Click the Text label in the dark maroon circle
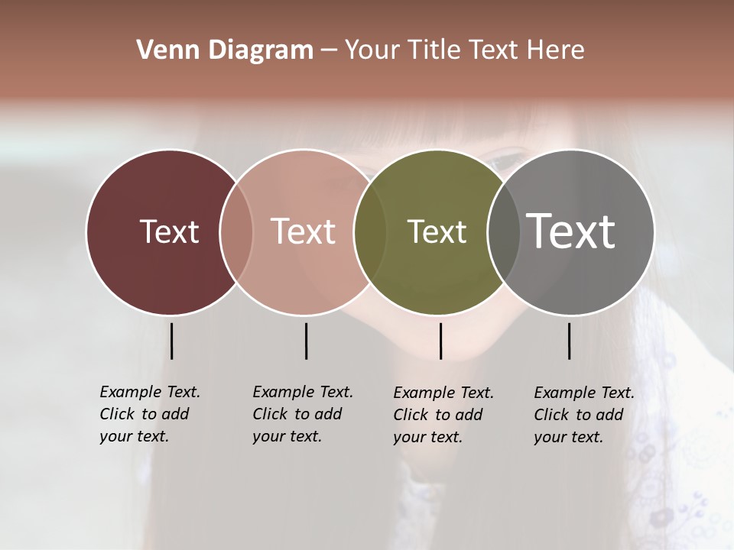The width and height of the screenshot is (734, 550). (169, 231)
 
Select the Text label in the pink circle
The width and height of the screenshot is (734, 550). (303, 231)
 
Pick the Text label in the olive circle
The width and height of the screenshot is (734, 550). (437, 231)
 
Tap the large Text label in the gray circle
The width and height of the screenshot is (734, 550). (570, 231)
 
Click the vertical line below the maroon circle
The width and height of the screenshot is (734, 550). (171, 341)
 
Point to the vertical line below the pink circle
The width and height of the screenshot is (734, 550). (306, 341)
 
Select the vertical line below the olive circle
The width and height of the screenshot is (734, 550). (440, 341)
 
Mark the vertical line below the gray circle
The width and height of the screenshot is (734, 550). (569, 341)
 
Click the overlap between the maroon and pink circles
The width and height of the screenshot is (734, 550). (236, 231)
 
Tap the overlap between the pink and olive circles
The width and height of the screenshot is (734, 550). (370, 231)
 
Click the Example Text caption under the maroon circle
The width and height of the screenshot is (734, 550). (149, 414)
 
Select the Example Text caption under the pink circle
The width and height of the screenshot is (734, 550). (302, 414)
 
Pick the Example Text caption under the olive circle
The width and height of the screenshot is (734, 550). (443, 415)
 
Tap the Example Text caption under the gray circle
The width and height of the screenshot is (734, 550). (583, 415)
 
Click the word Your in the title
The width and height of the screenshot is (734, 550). (372, 50)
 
